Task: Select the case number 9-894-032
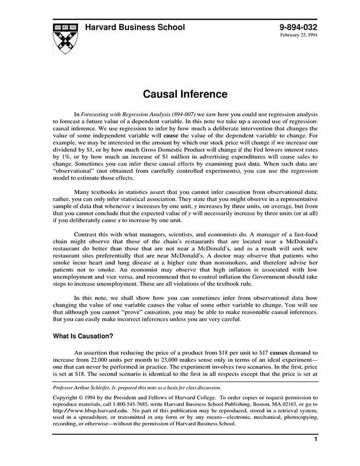pyautogui.click(x=298, y=27)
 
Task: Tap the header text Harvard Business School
pyautogui.click(x=135, y=27)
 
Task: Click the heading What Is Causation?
pyautogui.click(x=83, y=336)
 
